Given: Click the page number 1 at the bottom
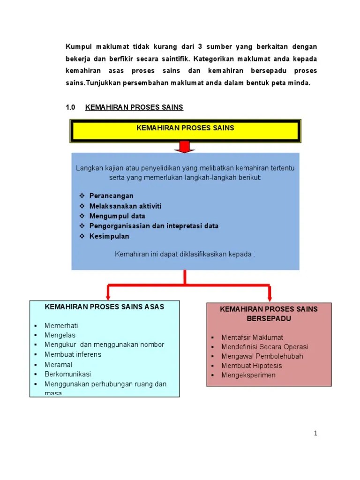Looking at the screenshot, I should (316, 433).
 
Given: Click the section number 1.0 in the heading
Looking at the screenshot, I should (71, 107).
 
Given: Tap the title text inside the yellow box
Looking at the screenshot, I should (185, 128).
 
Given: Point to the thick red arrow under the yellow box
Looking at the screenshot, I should (185, 148).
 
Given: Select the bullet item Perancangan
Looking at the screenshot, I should (112, 196).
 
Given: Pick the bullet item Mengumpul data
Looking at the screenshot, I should (117, 216).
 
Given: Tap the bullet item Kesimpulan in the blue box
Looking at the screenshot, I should (109, 237).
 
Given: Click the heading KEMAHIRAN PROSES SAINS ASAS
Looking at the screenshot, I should (104, 307).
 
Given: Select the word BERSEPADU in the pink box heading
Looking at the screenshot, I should (269, 318).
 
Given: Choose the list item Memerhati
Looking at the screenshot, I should (61, 326).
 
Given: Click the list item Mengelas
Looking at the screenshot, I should (60, 335).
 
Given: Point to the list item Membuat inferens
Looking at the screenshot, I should (73, 354).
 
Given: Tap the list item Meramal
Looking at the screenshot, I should (58, 365).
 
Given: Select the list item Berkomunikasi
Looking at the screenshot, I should (67, 374).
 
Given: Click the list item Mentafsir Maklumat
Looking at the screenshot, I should (252, 337).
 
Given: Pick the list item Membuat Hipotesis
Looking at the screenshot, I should (252, 366).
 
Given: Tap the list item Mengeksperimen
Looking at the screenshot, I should (248, 375).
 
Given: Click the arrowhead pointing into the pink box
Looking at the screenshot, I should (270, 298).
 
